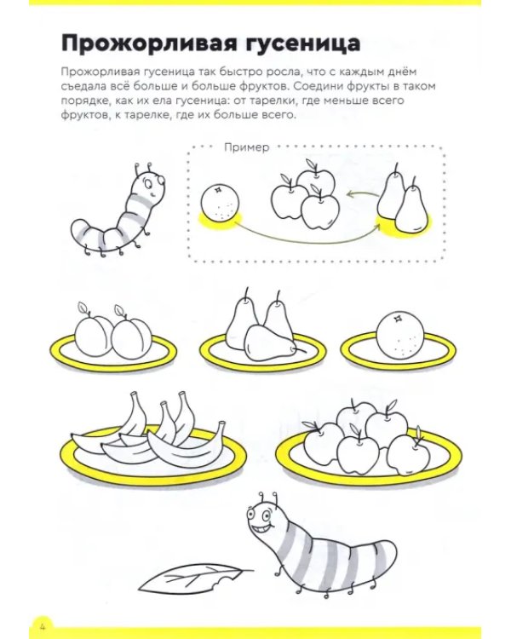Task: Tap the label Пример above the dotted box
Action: (x=247, y=147)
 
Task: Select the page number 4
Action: (x=42, y=625)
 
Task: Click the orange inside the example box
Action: (x=220, y=204)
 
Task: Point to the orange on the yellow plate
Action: (x=400, y=337)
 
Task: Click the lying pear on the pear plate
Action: (x=271, y=343)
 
